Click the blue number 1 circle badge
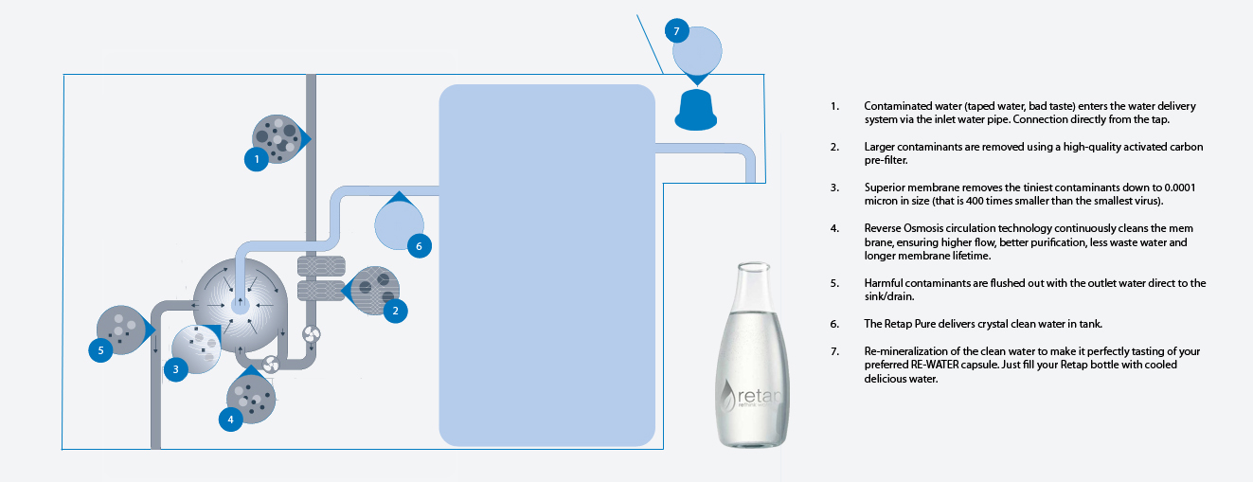[x=256, y=160]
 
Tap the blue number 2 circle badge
[x=395, y=309]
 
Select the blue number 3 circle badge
[x=176, y=369]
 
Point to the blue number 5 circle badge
[x=102, y=349]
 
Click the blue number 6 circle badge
[x=419, y=245]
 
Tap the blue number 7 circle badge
[x=675, y=30]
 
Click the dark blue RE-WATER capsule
[x=694, y=110]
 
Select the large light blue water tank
[x=547, y=265]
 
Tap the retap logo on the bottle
[x=754, y=391]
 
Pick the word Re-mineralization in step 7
[x=909, y=351]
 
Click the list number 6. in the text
[x=834, y=324]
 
